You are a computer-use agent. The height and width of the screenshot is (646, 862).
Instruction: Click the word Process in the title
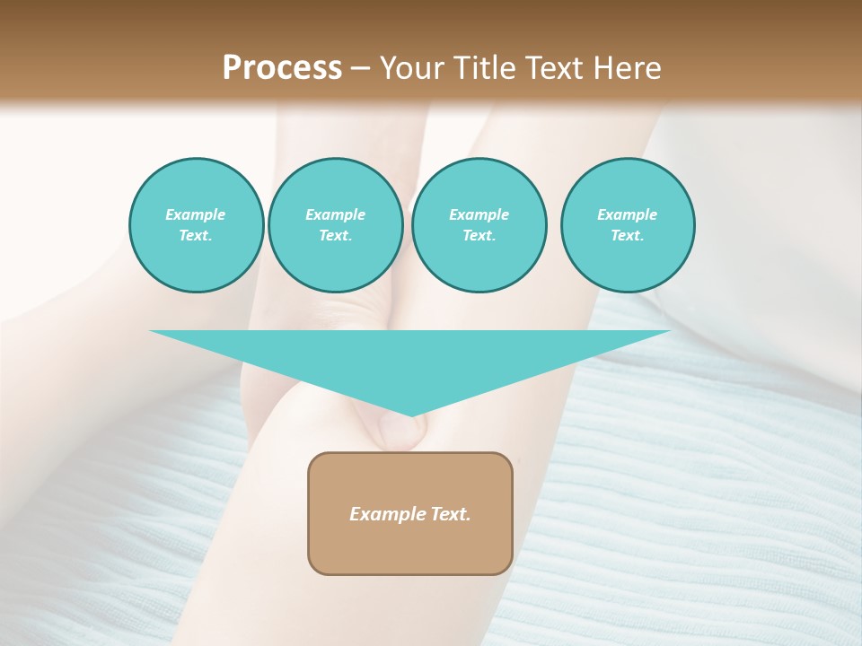click(282, 68)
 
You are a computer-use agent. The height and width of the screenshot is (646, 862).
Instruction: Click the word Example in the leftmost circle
click(196, 214)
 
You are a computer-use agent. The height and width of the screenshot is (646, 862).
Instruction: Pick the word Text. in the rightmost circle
click(628, 235)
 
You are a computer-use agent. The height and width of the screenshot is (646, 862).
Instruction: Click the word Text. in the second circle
click(335, 235)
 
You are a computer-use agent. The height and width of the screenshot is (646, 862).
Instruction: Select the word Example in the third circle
click(479, 214)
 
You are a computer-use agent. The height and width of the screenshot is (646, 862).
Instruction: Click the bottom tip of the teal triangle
click(411, 414)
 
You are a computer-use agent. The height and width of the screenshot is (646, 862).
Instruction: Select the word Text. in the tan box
click(450, 514)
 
